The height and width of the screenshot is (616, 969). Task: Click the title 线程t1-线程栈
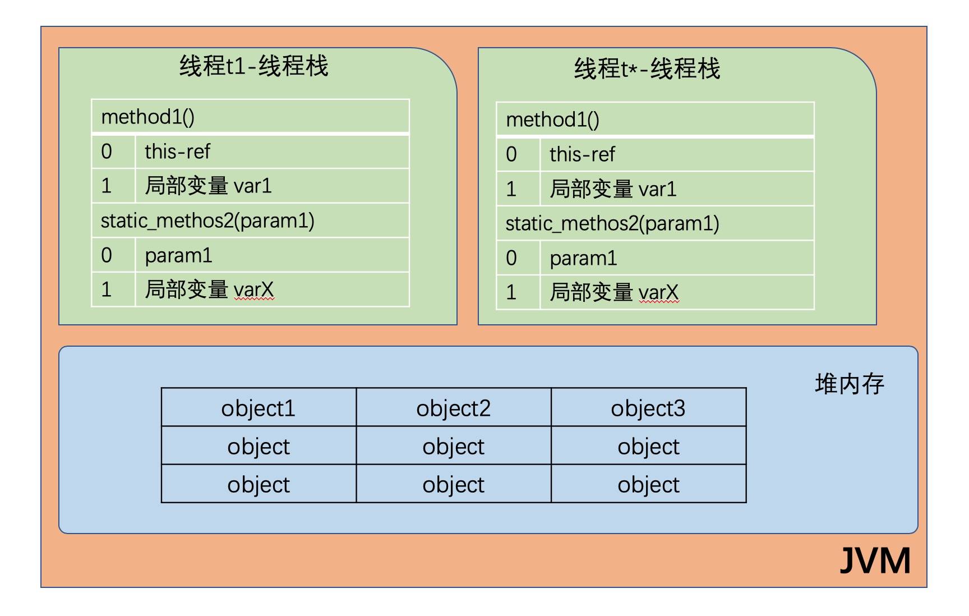pyautogui.click(x=253, y=67)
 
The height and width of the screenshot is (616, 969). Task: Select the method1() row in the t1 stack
pyautogui.click(x=250, y=117)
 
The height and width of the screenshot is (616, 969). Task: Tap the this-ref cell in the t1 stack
pyautogui.click(x=271, y=151)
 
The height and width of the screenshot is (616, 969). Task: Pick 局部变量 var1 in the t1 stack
pyautogui.click(x=271, y=186)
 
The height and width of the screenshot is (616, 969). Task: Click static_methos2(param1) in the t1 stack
pyautogui.click(x=250, y=220)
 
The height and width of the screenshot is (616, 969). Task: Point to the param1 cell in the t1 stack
pyautogui.click(x=271, y=255)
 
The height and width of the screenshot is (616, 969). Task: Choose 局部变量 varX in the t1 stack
pyautogui.click(x=271, y=289)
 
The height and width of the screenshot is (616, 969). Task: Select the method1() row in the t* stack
pyautogui.click(x=655, y=119)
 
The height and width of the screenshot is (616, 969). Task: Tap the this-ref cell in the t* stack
pyautogui.click(x=676, y=154)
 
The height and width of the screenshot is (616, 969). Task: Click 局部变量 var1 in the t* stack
pyautogui.click(x=676, y=189)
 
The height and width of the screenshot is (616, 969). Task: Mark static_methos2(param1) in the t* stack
pyautogui.click(x=655, y=223)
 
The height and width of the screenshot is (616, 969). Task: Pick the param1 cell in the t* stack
pyautogui.click(x=676, y=258)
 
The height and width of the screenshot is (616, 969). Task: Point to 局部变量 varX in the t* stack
pyautogui.click(x=676, y=292)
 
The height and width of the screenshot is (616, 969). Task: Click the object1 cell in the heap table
pyautogui.click(x=259, y=408)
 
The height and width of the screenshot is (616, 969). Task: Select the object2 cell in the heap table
pyautogui.click(x=454, y=408)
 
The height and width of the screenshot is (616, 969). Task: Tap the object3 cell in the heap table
pyautogui.click(x=648, y=408)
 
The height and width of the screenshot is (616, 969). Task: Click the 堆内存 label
pyautogui.click(x=849, y=384)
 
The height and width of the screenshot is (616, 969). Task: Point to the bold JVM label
pyautogui.click(x=875, y=560)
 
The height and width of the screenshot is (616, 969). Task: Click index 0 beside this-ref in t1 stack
pyautogui.click(x=107, y=151)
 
